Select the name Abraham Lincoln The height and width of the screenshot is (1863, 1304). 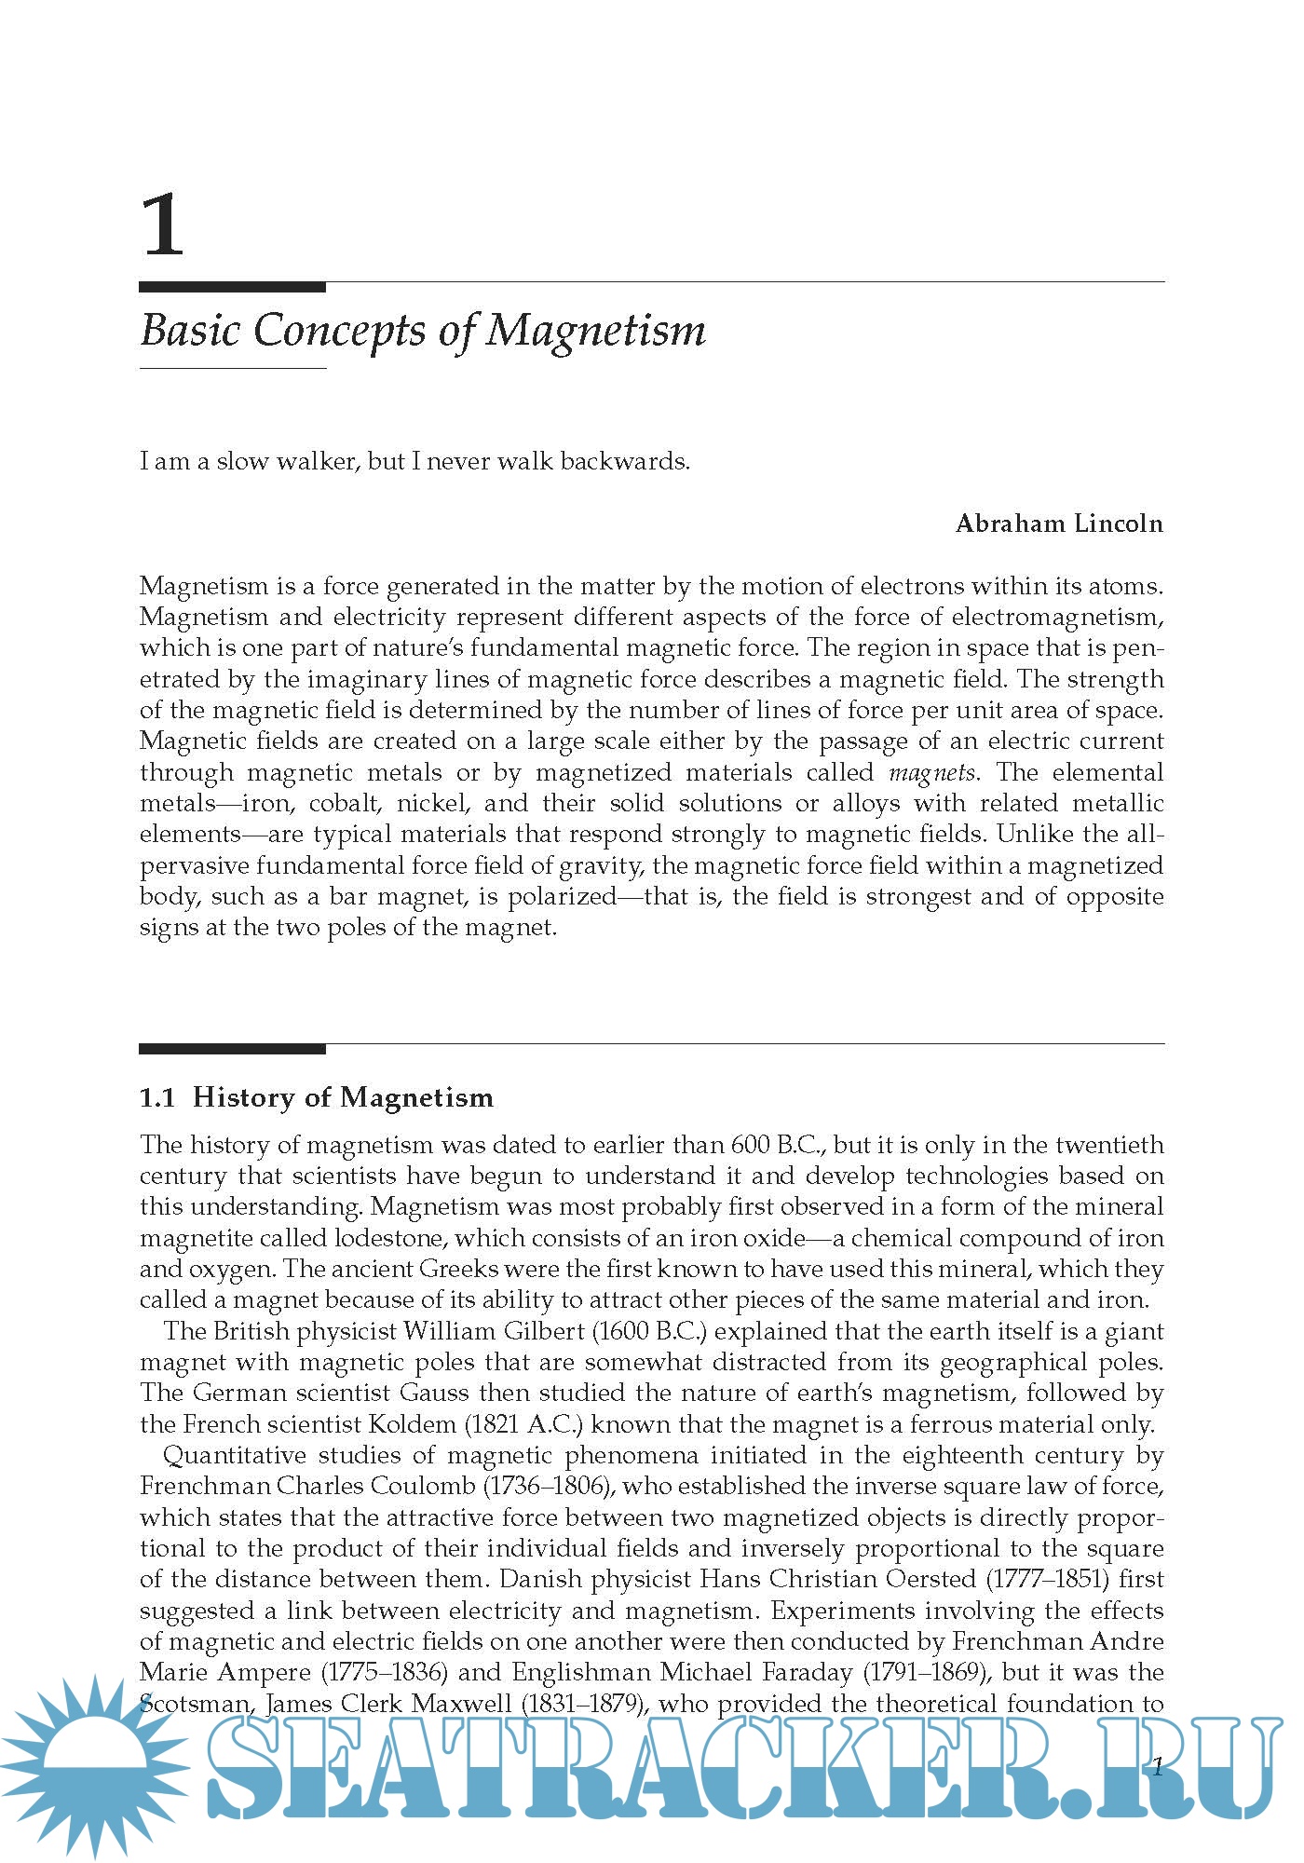point(1059,524)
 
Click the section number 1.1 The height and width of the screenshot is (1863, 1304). point(157,1097)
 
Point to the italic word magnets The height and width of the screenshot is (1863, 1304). point(931,772)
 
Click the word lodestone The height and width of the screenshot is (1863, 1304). point(391,1238)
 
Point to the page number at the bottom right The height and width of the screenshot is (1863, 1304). point(1158,1766)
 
